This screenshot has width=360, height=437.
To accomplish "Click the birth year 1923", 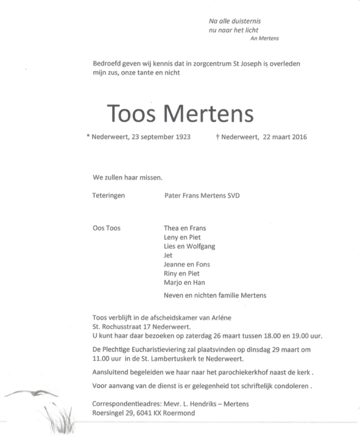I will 182,137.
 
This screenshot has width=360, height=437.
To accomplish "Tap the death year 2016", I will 299,137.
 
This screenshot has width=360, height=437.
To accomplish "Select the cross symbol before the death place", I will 218,137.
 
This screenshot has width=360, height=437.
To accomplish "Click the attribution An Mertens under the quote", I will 264,39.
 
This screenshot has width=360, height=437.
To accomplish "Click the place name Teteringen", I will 108,196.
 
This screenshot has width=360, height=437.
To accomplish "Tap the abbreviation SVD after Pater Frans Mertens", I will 233,196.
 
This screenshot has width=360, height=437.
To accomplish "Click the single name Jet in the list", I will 168,256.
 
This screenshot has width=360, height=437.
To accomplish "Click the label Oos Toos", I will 106,228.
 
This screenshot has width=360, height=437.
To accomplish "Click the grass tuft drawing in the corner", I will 61,419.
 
